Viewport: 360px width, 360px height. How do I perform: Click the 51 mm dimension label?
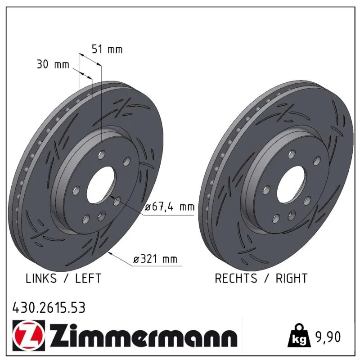(107, 49)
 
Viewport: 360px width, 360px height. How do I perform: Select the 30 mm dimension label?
(53, 64)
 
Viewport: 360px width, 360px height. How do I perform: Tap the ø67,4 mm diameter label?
(170, 207)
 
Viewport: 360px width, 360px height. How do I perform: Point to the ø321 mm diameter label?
(155, 259)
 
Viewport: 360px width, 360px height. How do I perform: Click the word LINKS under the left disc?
(41, 278)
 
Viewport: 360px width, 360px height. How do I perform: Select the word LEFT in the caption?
(88, 278)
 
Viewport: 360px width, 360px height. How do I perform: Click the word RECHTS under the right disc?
(236, 278)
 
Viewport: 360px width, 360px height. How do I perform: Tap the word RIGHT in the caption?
(292, 278)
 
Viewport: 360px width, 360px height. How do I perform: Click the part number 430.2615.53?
(49, 308)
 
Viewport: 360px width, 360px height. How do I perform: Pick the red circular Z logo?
(29, 335)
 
